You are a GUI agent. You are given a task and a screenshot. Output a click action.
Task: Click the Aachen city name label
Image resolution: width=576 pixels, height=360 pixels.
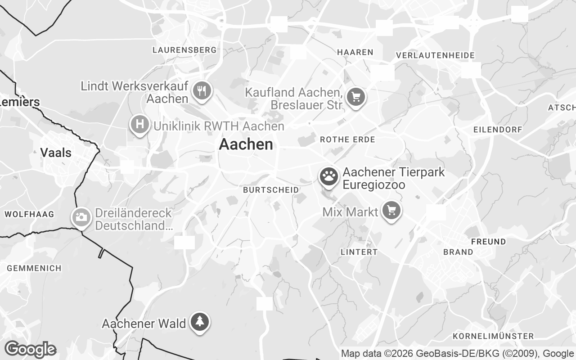coord(246,144)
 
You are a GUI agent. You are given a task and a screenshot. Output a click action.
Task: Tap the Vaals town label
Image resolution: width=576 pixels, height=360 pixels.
coord(56,153)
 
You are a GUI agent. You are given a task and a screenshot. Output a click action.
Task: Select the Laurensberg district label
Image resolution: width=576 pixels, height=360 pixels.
coord(184,50)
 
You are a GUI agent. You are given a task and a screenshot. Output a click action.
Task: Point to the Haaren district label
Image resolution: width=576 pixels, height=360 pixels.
coord(355,52)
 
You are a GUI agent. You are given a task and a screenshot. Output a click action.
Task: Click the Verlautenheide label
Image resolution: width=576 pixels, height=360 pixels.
coord(435,55)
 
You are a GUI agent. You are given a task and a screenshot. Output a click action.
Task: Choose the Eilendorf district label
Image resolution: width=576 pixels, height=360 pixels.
coord(498,130)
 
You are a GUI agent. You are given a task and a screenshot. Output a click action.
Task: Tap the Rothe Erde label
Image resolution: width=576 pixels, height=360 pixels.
coord(347,139)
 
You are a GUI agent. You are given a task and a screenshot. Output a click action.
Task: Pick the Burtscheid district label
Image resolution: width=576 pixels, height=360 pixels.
coord(271,190)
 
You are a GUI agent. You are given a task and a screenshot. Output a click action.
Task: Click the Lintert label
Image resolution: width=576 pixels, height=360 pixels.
coord(359,252)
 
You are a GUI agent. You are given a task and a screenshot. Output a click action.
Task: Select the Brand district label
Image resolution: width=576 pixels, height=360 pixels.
coord(458,252)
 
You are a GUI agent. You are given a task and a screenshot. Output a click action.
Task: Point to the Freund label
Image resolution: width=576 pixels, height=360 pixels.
coord(488,242)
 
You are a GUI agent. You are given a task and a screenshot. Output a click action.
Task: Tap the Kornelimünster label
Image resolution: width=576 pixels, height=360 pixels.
coord(493,336)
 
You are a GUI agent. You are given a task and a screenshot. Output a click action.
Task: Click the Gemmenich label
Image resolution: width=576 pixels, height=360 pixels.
coord(34,268)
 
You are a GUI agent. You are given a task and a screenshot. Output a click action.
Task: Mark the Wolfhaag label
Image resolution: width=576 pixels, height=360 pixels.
coord(29,214)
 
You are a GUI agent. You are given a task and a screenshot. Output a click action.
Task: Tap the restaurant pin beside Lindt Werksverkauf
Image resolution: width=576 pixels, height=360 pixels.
coord(202,91)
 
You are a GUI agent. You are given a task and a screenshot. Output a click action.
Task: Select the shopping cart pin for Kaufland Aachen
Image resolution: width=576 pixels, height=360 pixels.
coord(355,97)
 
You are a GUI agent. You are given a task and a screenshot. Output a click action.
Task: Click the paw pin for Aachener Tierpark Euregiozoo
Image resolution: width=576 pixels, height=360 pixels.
coord(329,176)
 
